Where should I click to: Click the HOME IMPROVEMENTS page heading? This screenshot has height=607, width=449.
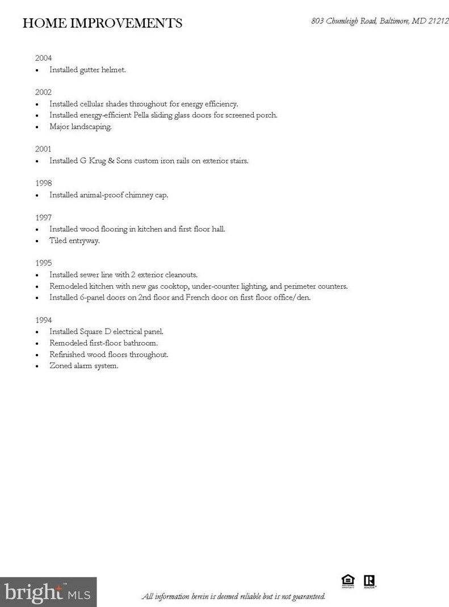coord(102,23)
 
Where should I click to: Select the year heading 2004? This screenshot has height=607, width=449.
coord(43,58)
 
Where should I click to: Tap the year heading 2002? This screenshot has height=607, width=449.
coord(43,92)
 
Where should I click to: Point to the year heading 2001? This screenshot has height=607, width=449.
coord(43,149)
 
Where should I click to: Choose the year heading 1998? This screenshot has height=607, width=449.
coord(43,183)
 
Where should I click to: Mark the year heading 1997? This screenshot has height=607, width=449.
coord(43,217)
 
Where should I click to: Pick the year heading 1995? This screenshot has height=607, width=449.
coord(43,263)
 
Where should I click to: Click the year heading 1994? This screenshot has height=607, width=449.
coord(43,320)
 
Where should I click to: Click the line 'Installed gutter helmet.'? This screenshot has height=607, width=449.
coord(87,70)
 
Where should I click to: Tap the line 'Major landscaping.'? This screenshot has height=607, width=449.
coord(81,127)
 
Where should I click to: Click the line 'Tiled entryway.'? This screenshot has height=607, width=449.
coord(74,241)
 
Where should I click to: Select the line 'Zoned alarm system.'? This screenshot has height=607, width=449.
coord(84,366)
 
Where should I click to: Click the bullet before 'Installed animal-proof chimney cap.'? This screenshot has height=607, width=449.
coord(37,195)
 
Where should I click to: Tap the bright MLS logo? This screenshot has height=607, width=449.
coord(48,592)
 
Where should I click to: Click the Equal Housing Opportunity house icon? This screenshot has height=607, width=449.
coord(347,581)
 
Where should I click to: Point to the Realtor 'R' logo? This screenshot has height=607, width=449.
coord(370,581)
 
